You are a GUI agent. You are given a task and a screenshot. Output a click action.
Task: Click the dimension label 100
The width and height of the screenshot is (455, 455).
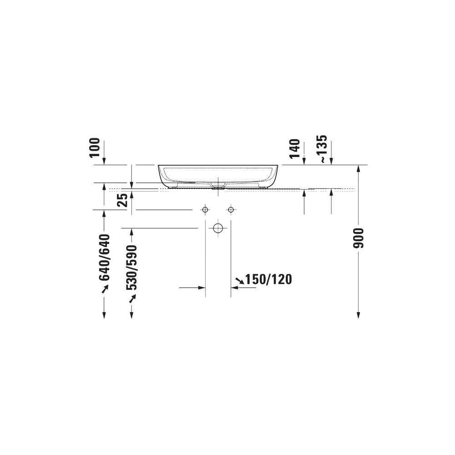tap(95, 147)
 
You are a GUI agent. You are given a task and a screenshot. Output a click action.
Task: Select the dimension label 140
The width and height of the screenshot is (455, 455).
tap(294, 149)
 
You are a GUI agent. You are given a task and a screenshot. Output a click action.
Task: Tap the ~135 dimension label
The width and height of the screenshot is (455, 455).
tap(323, 149)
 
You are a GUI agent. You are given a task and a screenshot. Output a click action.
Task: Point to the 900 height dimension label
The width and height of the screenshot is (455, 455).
tap(359, 238)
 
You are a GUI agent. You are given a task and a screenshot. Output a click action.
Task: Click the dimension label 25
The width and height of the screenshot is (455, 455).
tap(122, 200)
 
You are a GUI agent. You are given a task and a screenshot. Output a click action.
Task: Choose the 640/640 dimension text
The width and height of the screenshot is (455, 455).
tap(105, 258)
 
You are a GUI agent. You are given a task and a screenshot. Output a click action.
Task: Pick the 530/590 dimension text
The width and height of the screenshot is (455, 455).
tap(131, 267)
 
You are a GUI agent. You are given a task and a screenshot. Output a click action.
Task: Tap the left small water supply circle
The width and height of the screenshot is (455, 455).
tap(205, 209)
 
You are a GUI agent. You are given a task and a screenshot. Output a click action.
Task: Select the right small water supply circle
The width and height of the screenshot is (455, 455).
tap(231, 209)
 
